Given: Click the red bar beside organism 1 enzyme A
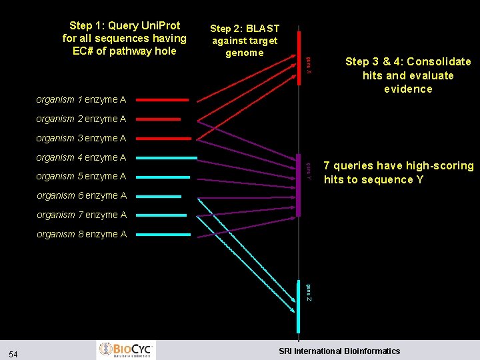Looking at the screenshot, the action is click(168, 100).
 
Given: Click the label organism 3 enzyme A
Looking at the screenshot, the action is click(81, 139).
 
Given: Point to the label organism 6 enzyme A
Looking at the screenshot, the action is click(81, 196).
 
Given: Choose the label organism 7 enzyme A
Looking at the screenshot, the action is click(81, 215).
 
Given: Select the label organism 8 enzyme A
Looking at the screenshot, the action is click(81, 235).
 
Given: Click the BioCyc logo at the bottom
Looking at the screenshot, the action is click(127, 350).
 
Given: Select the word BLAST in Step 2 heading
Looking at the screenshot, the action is click(262, 29).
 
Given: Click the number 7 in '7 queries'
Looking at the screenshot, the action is click(327, 166).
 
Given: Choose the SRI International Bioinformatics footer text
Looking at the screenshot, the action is click(339, 351).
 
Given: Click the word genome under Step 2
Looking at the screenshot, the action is click(245, 53).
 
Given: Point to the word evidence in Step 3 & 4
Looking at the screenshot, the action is click(408, 89).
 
